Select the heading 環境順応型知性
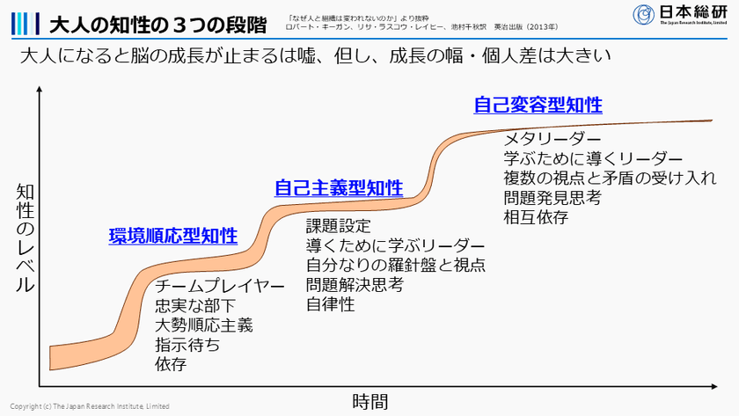point(173,236)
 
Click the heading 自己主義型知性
point(339,187)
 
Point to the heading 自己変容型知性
point(538,105)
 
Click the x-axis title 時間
point(369,402)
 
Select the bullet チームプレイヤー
point(220,287)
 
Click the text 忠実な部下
point(195,306)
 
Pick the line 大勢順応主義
point(204,325)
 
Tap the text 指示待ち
point(187,345)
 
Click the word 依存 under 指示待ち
point(171,364)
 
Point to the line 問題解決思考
point(355,284)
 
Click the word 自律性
point(331,304)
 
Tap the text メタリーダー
point(552,140)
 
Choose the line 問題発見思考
point(552,198)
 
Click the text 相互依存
point(536,217)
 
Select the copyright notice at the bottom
point(85,406)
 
